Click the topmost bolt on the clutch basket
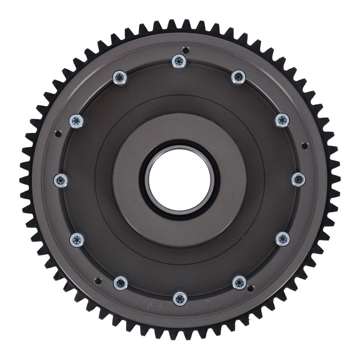(x=178, y=60)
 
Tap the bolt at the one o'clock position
(x=238, y=76)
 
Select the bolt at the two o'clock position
(x=282, y=120)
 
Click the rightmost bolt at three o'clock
(x=298, y=179)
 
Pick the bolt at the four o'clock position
(x=282, y=239)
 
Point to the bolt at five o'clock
(x=239, y=282)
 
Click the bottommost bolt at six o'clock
(x=179, y=299)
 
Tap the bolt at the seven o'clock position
(x=120, y=283)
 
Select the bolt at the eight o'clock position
(x=77, y=239)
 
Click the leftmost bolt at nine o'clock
(x=61, y=179)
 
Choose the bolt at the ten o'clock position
(x=76, y=120)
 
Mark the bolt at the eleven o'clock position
(x=120, y=77)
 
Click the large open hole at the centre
(x=179, y=179)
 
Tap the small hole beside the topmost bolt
(x=187, y=49)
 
